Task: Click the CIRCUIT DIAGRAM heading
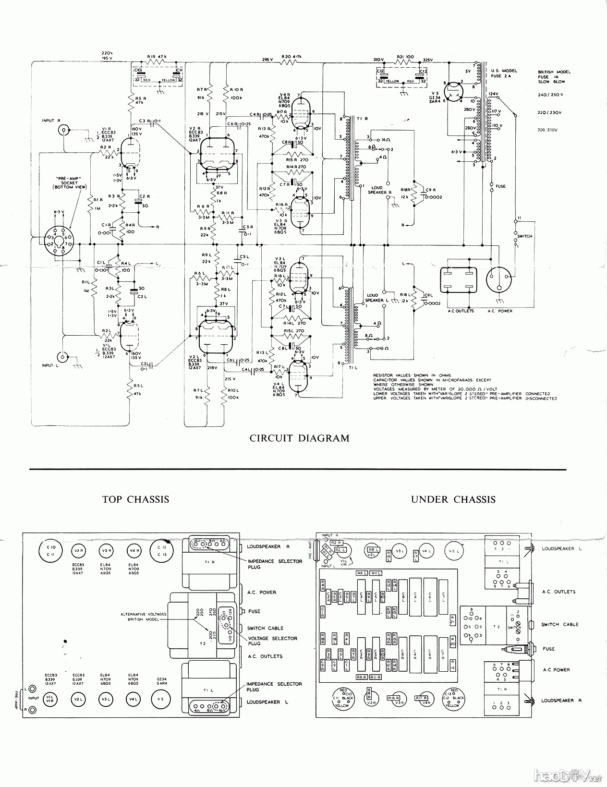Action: pyautogui.click(x=300, y=438)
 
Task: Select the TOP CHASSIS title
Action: pyautogui.click(x=135, y=499)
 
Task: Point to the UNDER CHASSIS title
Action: pyautogui.click(x=453, y=499)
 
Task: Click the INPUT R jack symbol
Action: pyautogui.click(x=62, y=129)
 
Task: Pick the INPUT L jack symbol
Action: pyautogui.click(x=62, y=357)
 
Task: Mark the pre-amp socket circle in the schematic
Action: pyautogui.click(x=56, y=239)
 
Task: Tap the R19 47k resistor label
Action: pyautogui.click(x=158, y=56)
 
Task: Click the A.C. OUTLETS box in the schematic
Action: pyautogui.click(x=459, y=281)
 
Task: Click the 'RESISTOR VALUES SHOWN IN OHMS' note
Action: pyautogui.click(x=412, y=375)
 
